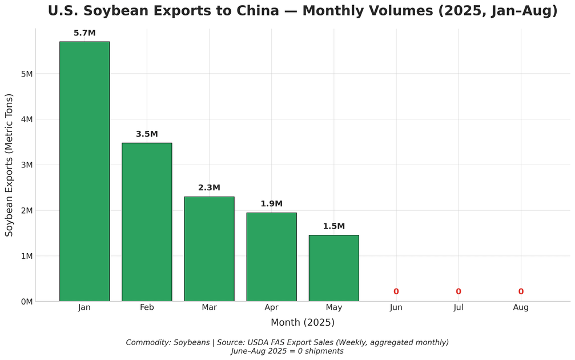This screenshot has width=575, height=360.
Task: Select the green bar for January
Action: [x=85, y=171]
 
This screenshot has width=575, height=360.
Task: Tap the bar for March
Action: [x=209, y=249]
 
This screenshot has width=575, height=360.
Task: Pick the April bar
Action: [x=271, y=257]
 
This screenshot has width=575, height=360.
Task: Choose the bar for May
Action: [x=333, y=268]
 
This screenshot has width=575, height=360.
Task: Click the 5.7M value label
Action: [x=85, y=33]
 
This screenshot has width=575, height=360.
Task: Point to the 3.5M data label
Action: [x=147, y=134]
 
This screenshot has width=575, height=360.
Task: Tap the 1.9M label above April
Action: [x=271, y=204]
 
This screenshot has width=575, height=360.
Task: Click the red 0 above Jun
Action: [x=396, y=292]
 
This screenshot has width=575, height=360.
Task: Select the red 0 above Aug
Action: [x=521, y=292]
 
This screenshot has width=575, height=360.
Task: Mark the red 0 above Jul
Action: [x=459, y=292]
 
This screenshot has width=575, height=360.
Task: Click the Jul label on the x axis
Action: [x=459, y=307]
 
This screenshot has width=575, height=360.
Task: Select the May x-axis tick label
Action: [x=333, y=307]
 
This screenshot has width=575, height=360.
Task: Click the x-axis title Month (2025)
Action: [x=302, y=323]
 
